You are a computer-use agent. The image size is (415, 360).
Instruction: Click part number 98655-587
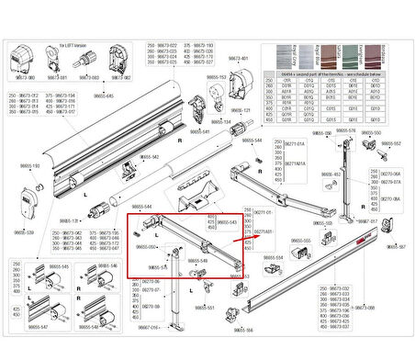396,247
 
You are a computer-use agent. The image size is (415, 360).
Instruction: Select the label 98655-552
391,143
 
